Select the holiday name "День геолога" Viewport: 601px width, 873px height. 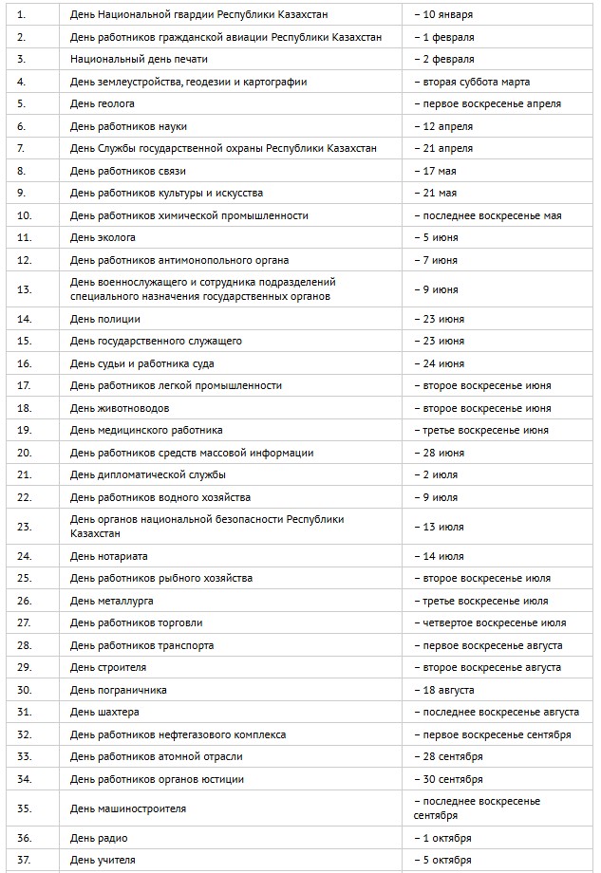click(x=102, y=103)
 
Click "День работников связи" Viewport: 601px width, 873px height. click(x=128, y=171)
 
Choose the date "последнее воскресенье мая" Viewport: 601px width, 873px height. click(x=487, y=215)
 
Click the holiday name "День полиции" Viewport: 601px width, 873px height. click(x=105, y=319)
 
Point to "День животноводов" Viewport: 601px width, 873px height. click(x=120, y=408)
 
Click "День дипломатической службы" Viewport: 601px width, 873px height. click(x=148, y=474)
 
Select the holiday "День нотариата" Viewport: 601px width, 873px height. click(x=109, y=556)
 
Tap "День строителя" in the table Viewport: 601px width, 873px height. click(x=108, y=667)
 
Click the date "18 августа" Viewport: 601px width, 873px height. click(x=443, y=690)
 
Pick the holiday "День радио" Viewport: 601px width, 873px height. click(x=99, y=838)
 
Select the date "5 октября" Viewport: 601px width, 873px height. click(x=442, y=860)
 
